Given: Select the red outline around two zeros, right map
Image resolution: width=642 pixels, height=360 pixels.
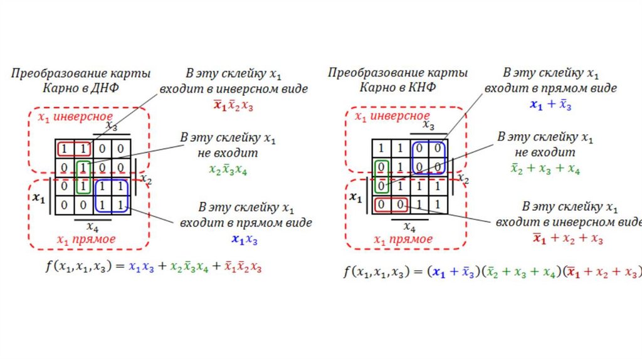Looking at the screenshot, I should pyautogui.click(x=391, y=204).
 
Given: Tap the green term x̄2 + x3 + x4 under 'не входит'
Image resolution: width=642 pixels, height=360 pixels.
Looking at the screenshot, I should pyautogui.click(x=544, y=169).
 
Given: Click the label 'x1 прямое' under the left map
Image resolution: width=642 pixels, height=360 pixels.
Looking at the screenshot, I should pyautogui.click(x=87, y=240).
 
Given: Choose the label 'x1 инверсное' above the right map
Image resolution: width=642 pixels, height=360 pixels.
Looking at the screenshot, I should pyautogui.click(x=392, y=117).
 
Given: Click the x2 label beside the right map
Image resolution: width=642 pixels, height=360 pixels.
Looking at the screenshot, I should pyautogui.click(x=463, y=179).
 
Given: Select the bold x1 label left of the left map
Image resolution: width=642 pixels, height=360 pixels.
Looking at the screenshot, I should pyautogui.click(x=39, y=198).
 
